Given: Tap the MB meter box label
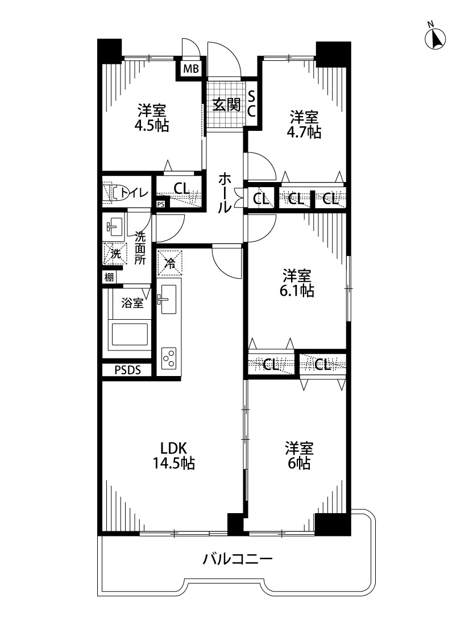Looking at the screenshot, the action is point(190,69).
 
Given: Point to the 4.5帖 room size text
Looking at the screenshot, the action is point(151,125).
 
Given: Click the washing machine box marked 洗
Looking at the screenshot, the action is point(115,254).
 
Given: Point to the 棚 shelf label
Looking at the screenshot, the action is point(109,277).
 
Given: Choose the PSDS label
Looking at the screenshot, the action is point(127,370).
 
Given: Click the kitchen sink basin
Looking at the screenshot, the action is point(168,299).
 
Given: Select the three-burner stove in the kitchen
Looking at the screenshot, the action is point(169,358).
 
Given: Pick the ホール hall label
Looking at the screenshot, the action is point(225,193).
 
